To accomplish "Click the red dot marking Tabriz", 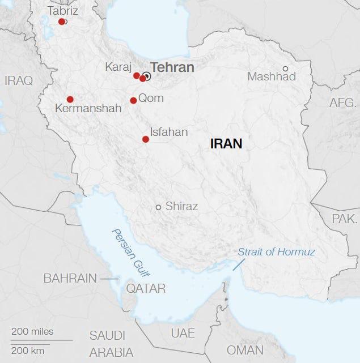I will coord(62,22).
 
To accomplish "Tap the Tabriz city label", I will coord(63,11).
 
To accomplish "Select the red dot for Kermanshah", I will coord(70,99).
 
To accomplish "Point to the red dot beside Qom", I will coord(133,100).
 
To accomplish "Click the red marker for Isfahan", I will coord(146,139).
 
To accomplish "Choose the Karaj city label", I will coord(118,67).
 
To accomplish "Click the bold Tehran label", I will coord(172,67).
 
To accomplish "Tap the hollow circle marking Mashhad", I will coord(286,69).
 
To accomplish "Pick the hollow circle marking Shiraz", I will coord(159,207).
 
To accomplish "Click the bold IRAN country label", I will coord(226,144).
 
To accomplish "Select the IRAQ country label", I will coord(19,80).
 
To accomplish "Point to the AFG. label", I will coord(344,103).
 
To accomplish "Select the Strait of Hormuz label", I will coord(276,252).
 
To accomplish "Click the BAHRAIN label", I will coord(70,279).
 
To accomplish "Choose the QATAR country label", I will coord(146,289).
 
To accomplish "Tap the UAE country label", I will coord(183,332).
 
